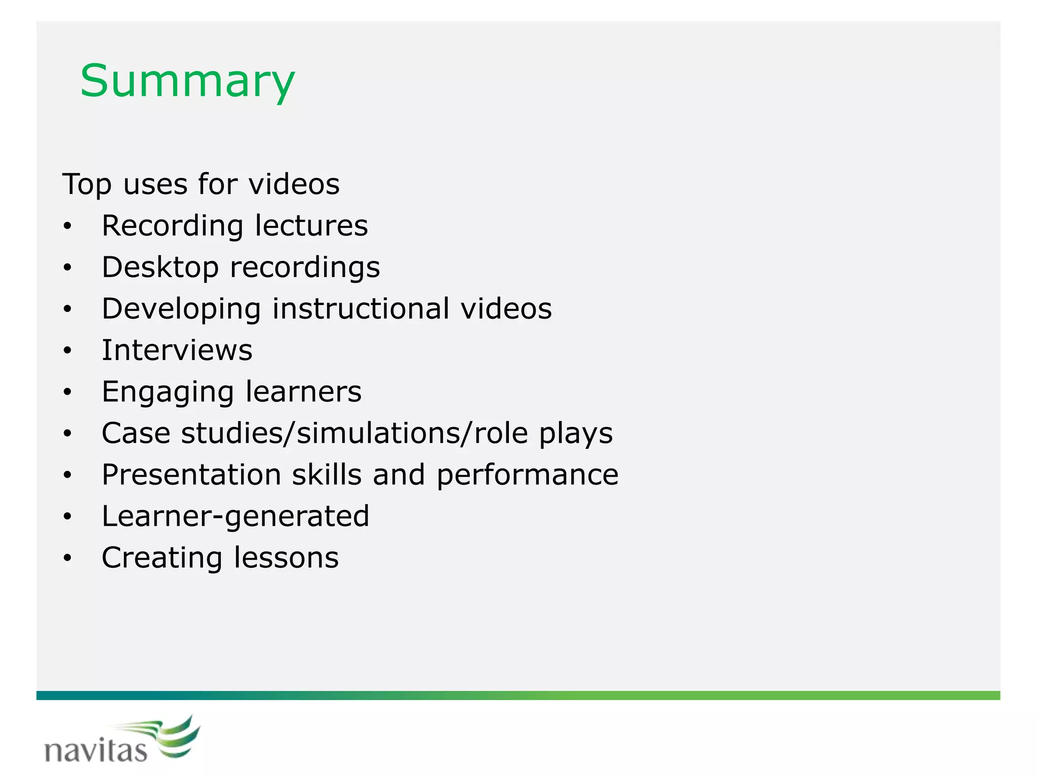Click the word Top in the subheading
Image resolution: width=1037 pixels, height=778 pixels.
pos(87,184)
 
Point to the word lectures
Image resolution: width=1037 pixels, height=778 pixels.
pos(311,226)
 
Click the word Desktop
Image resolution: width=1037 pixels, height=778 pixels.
pos(161,267)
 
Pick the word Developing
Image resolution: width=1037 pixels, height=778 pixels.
pos(181,309)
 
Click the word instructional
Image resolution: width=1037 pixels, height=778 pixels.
pos(361,309)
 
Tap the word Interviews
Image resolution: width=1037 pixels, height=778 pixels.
pos(177,351)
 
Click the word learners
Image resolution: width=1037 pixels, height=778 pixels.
pos(304,392)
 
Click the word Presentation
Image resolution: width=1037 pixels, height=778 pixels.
pos(191,475)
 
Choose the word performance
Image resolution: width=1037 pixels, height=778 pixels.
pos(528,475)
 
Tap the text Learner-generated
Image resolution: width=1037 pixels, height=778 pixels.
pos(235,517)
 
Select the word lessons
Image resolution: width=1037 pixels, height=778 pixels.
pos(287,558)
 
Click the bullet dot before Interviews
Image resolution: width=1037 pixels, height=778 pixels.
pos(68,351)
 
